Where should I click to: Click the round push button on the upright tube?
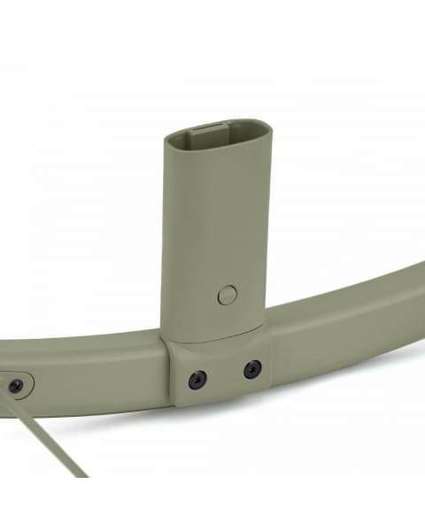pyautogui.click(x=228, y=295)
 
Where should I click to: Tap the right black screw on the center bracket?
pyautogui.click(x=252, y=368)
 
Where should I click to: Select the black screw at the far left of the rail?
pyautogui.click(x=15, y=386)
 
